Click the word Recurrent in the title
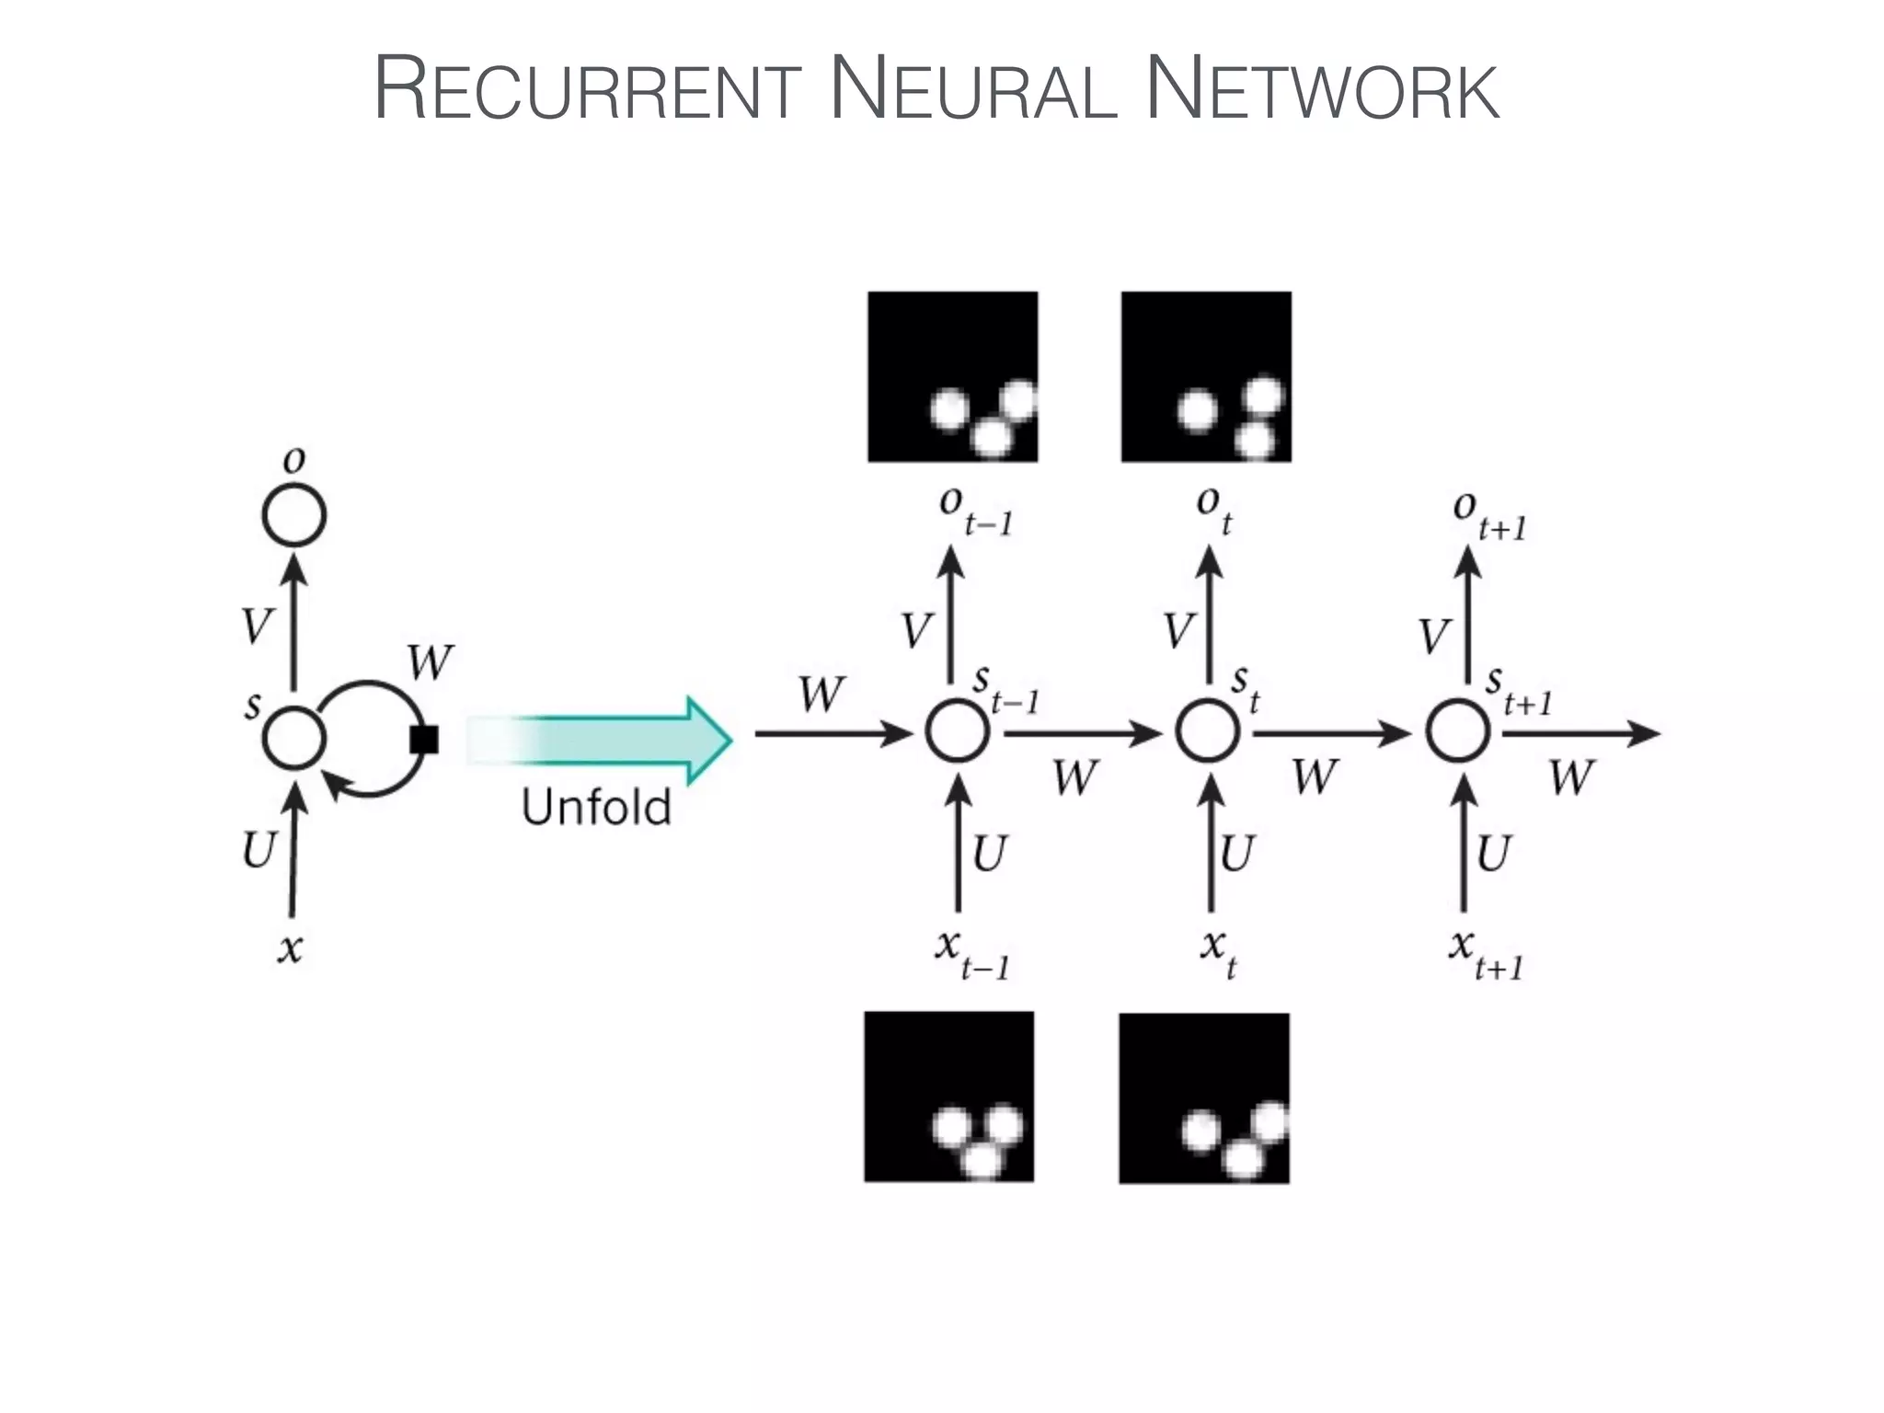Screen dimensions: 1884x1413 tap(588, 88)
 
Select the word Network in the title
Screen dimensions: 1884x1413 tap(1325, 88)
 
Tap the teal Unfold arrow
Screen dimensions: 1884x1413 tap(599, 741)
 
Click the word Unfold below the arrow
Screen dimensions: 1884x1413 tap(596, 807)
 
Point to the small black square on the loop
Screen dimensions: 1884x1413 tap(424, 740)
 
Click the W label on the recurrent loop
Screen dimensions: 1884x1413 tap(431, 661)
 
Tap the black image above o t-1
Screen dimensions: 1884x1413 tap(953, 376)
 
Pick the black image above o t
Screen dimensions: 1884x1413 tap(1206, 376)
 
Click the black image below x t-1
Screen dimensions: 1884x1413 tap(949, 1097)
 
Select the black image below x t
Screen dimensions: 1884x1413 tap(1204, 1098)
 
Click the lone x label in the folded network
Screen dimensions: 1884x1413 tap(290, 948)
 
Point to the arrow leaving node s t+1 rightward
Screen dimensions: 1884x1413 tap(1581, 733)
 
